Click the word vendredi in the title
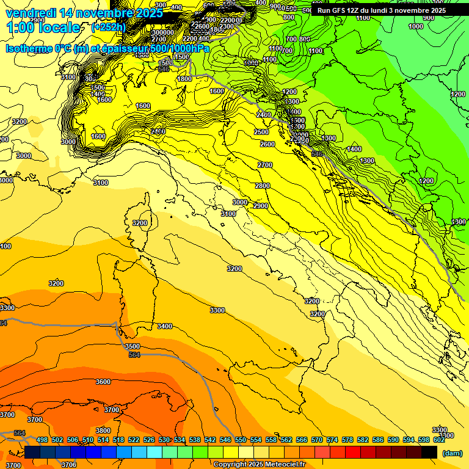33,13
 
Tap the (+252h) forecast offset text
109,27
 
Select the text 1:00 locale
43,27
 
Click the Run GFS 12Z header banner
381,10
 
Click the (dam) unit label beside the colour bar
452,453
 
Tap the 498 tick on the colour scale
42,440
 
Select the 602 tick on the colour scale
438,440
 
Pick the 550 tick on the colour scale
241,440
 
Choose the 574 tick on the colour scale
332,440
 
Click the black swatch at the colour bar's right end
429,452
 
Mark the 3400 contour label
165,327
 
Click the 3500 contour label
132,346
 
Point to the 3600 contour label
103,382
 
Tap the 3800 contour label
103,431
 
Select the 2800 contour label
263,186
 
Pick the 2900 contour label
261,206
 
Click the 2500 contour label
261,132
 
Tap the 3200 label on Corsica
140,224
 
